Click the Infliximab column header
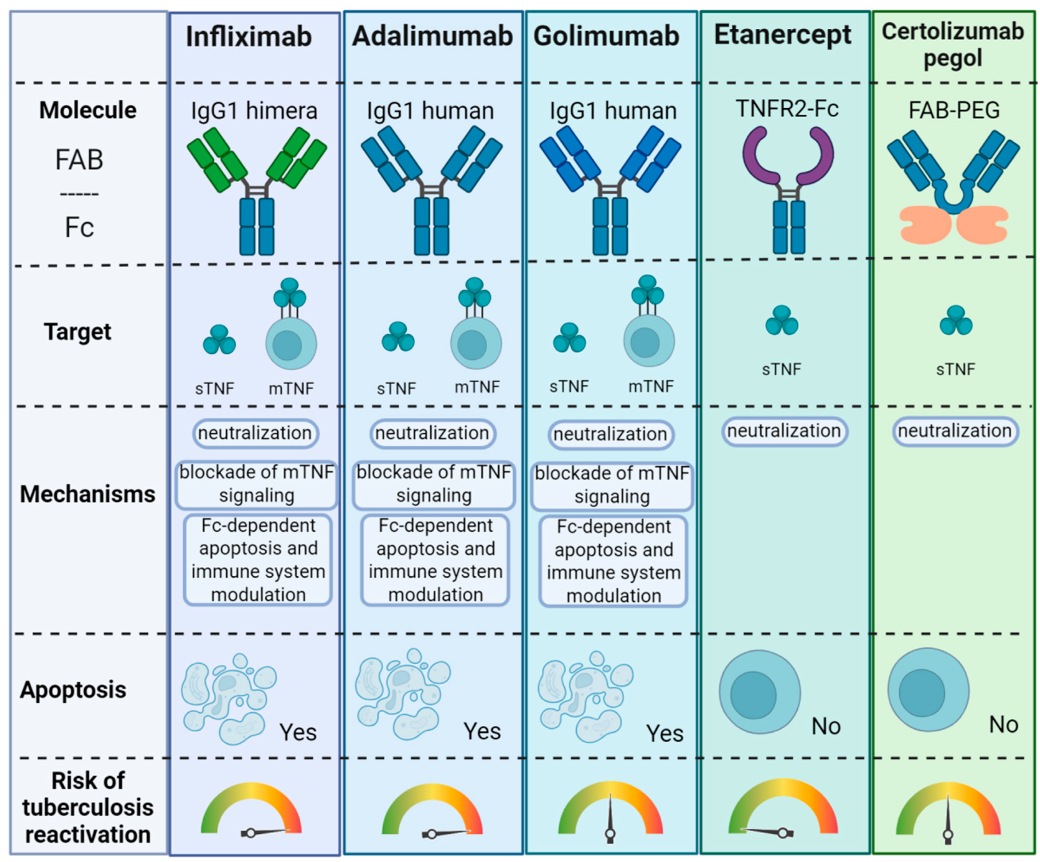(x=249, y=37)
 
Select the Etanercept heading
(x=782, y=36)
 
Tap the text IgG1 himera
(x=254, y=110)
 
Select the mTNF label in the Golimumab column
(x=651, y=386)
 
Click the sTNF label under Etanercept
(x=781, y=369)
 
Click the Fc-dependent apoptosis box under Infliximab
(x=258, y=560)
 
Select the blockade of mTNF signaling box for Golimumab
(x=612, y=485)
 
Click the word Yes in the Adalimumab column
(x=482, y=731)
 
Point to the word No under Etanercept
(x=826, y=726)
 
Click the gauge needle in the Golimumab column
(x=610, y=816)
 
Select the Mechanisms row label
(x=87, y=494)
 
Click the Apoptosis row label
(x=73, y=689)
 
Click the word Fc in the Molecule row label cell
(x=79, y=228)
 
